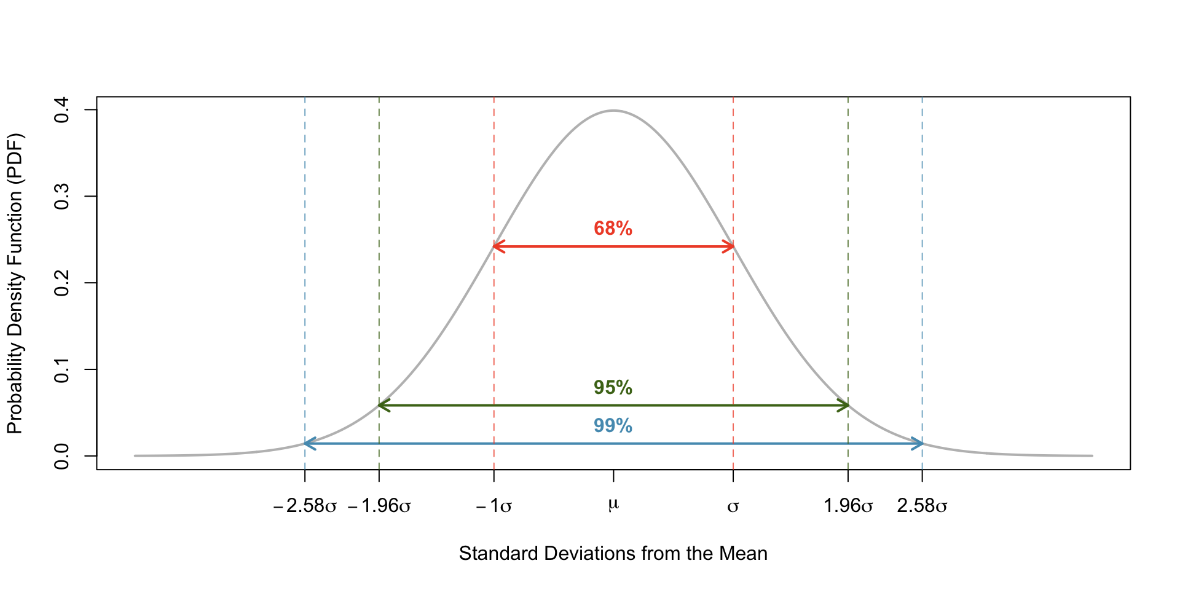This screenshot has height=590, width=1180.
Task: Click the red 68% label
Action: pyautogui.click(x=613, y=229)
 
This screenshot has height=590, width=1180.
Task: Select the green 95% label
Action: pyautogui.click(x=613, y=388)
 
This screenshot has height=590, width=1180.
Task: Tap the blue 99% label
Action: pyautogui.click(x=613, y=426)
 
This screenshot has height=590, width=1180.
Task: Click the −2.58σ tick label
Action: pyautogui.click(x=305, y=506)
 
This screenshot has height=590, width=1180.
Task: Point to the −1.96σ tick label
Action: pyautogui.click(x=379, y=506)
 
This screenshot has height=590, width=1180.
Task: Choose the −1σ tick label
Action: pyautogui.click(x=494, y=506)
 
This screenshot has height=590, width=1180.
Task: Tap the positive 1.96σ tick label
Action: pyautogui.click(x=848, y=506)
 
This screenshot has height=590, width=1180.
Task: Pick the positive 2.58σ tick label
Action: pyautogui.click(x=922, y=506)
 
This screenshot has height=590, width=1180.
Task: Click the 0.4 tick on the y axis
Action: pyautogui.click(x=62, y=110)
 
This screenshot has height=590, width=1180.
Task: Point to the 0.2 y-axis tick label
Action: pyautogui.click(x=62, y=283)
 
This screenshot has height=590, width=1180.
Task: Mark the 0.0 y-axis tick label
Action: pyautogui.click(x=62, y=456)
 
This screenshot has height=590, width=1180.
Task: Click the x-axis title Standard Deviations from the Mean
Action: pyautogui.click(x=613, y=554)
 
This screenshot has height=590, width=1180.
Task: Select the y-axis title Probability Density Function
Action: pyautogui.click(x=15, y=283)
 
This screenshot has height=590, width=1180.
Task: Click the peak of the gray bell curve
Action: pyautogui.click(x=613, y=111)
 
